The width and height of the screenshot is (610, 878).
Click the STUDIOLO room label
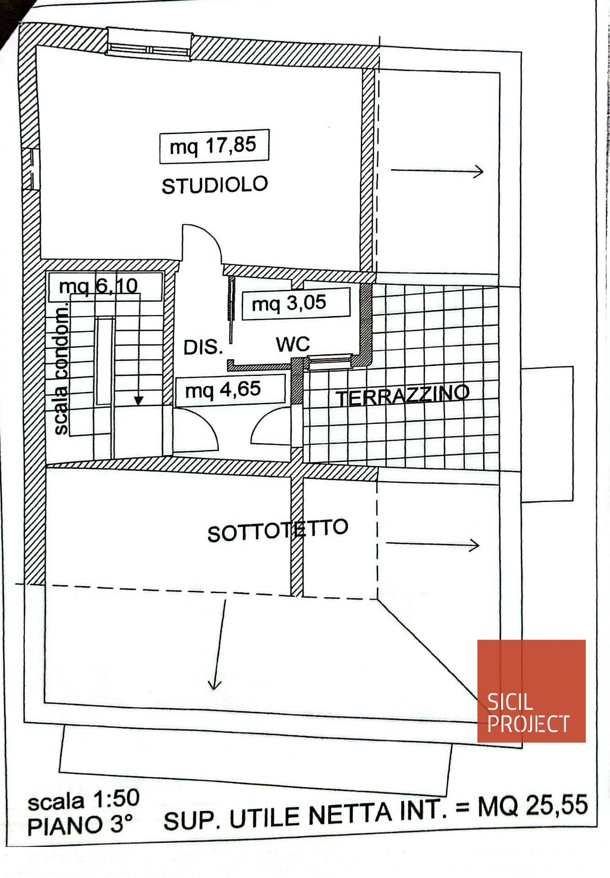(214, 185)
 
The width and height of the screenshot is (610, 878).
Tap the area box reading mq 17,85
(214, 146)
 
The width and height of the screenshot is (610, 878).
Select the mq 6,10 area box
(105, 287)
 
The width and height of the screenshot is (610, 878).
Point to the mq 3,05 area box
(295, 303)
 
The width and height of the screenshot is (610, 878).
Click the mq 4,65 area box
(230, 390)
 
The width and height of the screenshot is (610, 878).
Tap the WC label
(293, 344)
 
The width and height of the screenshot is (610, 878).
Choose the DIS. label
(203, 348)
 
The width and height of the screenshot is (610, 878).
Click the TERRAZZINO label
(403, 395)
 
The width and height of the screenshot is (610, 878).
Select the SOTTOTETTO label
(278, 530)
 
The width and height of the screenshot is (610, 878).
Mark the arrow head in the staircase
(138, 401)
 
